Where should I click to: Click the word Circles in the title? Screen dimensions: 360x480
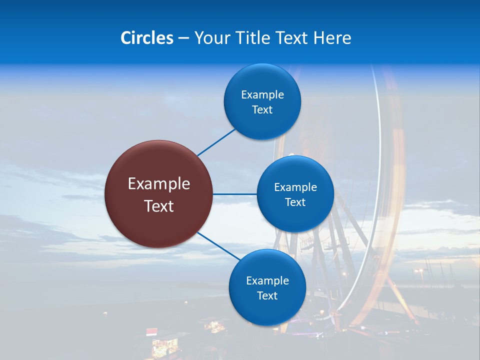pyautogui.click(x=147, y=38)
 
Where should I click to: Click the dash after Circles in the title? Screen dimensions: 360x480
pyautogui.click(x=183, y=38)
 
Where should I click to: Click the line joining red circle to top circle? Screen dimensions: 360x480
pyautogui.click(x=216, y=142)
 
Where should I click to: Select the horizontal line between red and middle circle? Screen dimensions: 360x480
pyautogui.click(x=234, y=194)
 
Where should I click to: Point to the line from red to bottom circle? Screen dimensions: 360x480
pyautogui.click(x=218, y=245)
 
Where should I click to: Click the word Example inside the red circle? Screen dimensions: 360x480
pyautogui.click(x=159, y=184)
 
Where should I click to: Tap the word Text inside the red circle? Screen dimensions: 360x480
pyautogui.click(x=159, y=206)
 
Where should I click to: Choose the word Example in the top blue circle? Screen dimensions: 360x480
pyautogui.click(x=262, y=94)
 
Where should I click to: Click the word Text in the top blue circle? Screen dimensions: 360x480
pyautogui.click(x=262, y=109)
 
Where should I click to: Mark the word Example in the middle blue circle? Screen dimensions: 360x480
pyautogui.click(x=295, y=187)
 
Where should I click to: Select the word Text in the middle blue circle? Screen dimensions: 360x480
pyautogui.click(x=295, y=202)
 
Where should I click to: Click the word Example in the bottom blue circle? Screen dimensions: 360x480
pyautogui.click(x=267, y=280)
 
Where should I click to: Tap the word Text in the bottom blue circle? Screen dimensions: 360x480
pyautogui.click(x=267, y=295)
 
